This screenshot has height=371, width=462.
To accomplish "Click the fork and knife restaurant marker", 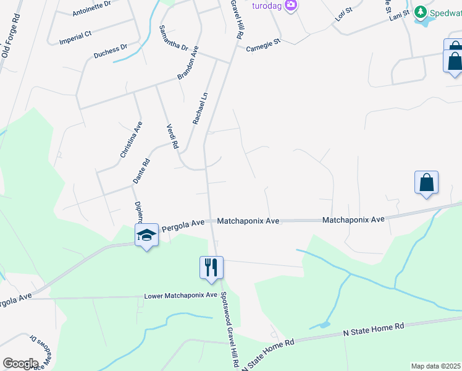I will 211,267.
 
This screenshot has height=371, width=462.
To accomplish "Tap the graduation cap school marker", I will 146,235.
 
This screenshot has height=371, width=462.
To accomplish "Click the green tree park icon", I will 421,12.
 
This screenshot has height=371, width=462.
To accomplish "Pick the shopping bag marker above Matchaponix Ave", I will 426,182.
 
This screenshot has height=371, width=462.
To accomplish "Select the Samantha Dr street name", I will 174,38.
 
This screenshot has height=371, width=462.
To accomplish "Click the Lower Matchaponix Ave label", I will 181,296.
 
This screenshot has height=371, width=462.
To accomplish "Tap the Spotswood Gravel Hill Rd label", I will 230,330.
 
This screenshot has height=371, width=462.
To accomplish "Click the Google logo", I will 20,364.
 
